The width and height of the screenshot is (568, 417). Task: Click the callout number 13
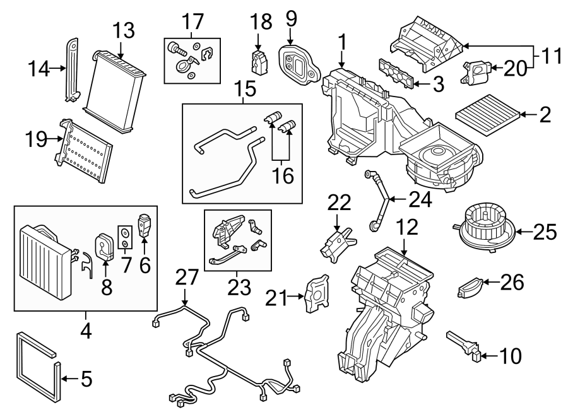pos(124,30)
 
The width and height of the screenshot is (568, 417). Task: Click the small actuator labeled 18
pos(257,62)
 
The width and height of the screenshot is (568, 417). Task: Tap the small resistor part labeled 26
pos(470,289)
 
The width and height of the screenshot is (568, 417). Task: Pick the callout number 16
pos(283,175)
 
